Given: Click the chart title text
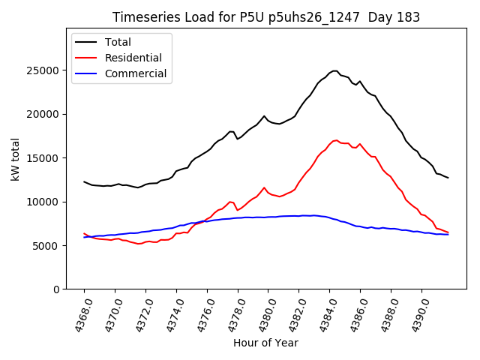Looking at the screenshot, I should pos(265,17).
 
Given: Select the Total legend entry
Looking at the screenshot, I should pos(118,42).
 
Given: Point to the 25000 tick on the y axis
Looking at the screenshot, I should pos(44,70).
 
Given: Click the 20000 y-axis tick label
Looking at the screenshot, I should pos(44,114).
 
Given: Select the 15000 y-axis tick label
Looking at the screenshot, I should pos(44,158).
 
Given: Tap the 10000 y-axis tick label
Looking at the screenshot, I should pos(44,202).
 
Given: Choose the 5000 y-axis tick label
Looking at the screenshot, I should pos(47,246).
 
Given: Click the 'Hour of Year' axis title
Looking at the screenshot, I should pos(265,343).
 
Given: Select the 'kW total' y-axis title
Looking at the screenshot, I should pos(15,160).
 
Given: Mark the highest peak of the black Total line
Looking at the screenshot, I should pos(334,70).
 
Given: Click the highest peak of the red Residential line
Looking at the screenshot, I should pos(336,140).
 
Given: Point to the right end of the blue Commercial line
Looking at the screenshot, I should pos(448,235).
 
